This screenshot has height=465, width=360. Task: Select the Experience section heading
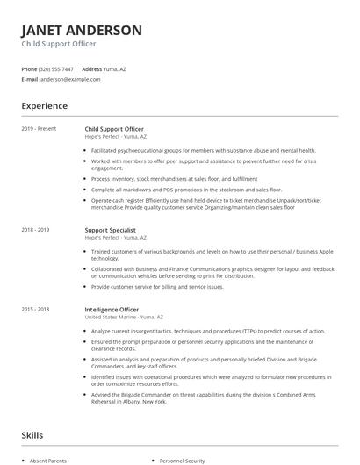[44, 106]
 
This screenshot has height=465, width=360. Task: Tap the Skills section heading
[33, 435]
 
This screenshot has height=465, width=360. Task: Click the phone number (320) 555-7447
[57, 68]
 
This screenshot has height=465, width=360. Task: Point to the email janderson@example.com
[70, 79]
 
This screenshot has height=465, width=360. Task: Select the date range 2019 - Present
[39, 129]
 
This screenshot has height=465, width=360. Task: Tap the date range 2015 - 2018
[36, 309]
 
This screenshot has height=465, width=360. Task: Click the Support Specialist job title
[111, 230]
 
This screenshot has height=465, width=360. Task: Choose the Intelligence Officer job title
[112, 309]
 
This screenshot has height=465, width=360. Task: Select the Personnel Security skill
[184, 460]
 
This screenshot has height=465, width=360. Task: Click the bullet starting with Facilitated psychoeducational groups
[202, 150]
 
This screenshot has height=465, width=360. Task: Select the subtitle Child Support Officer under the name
[59, 44]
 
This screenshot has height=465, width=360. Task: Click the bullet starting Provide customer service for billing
[157, 287]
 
